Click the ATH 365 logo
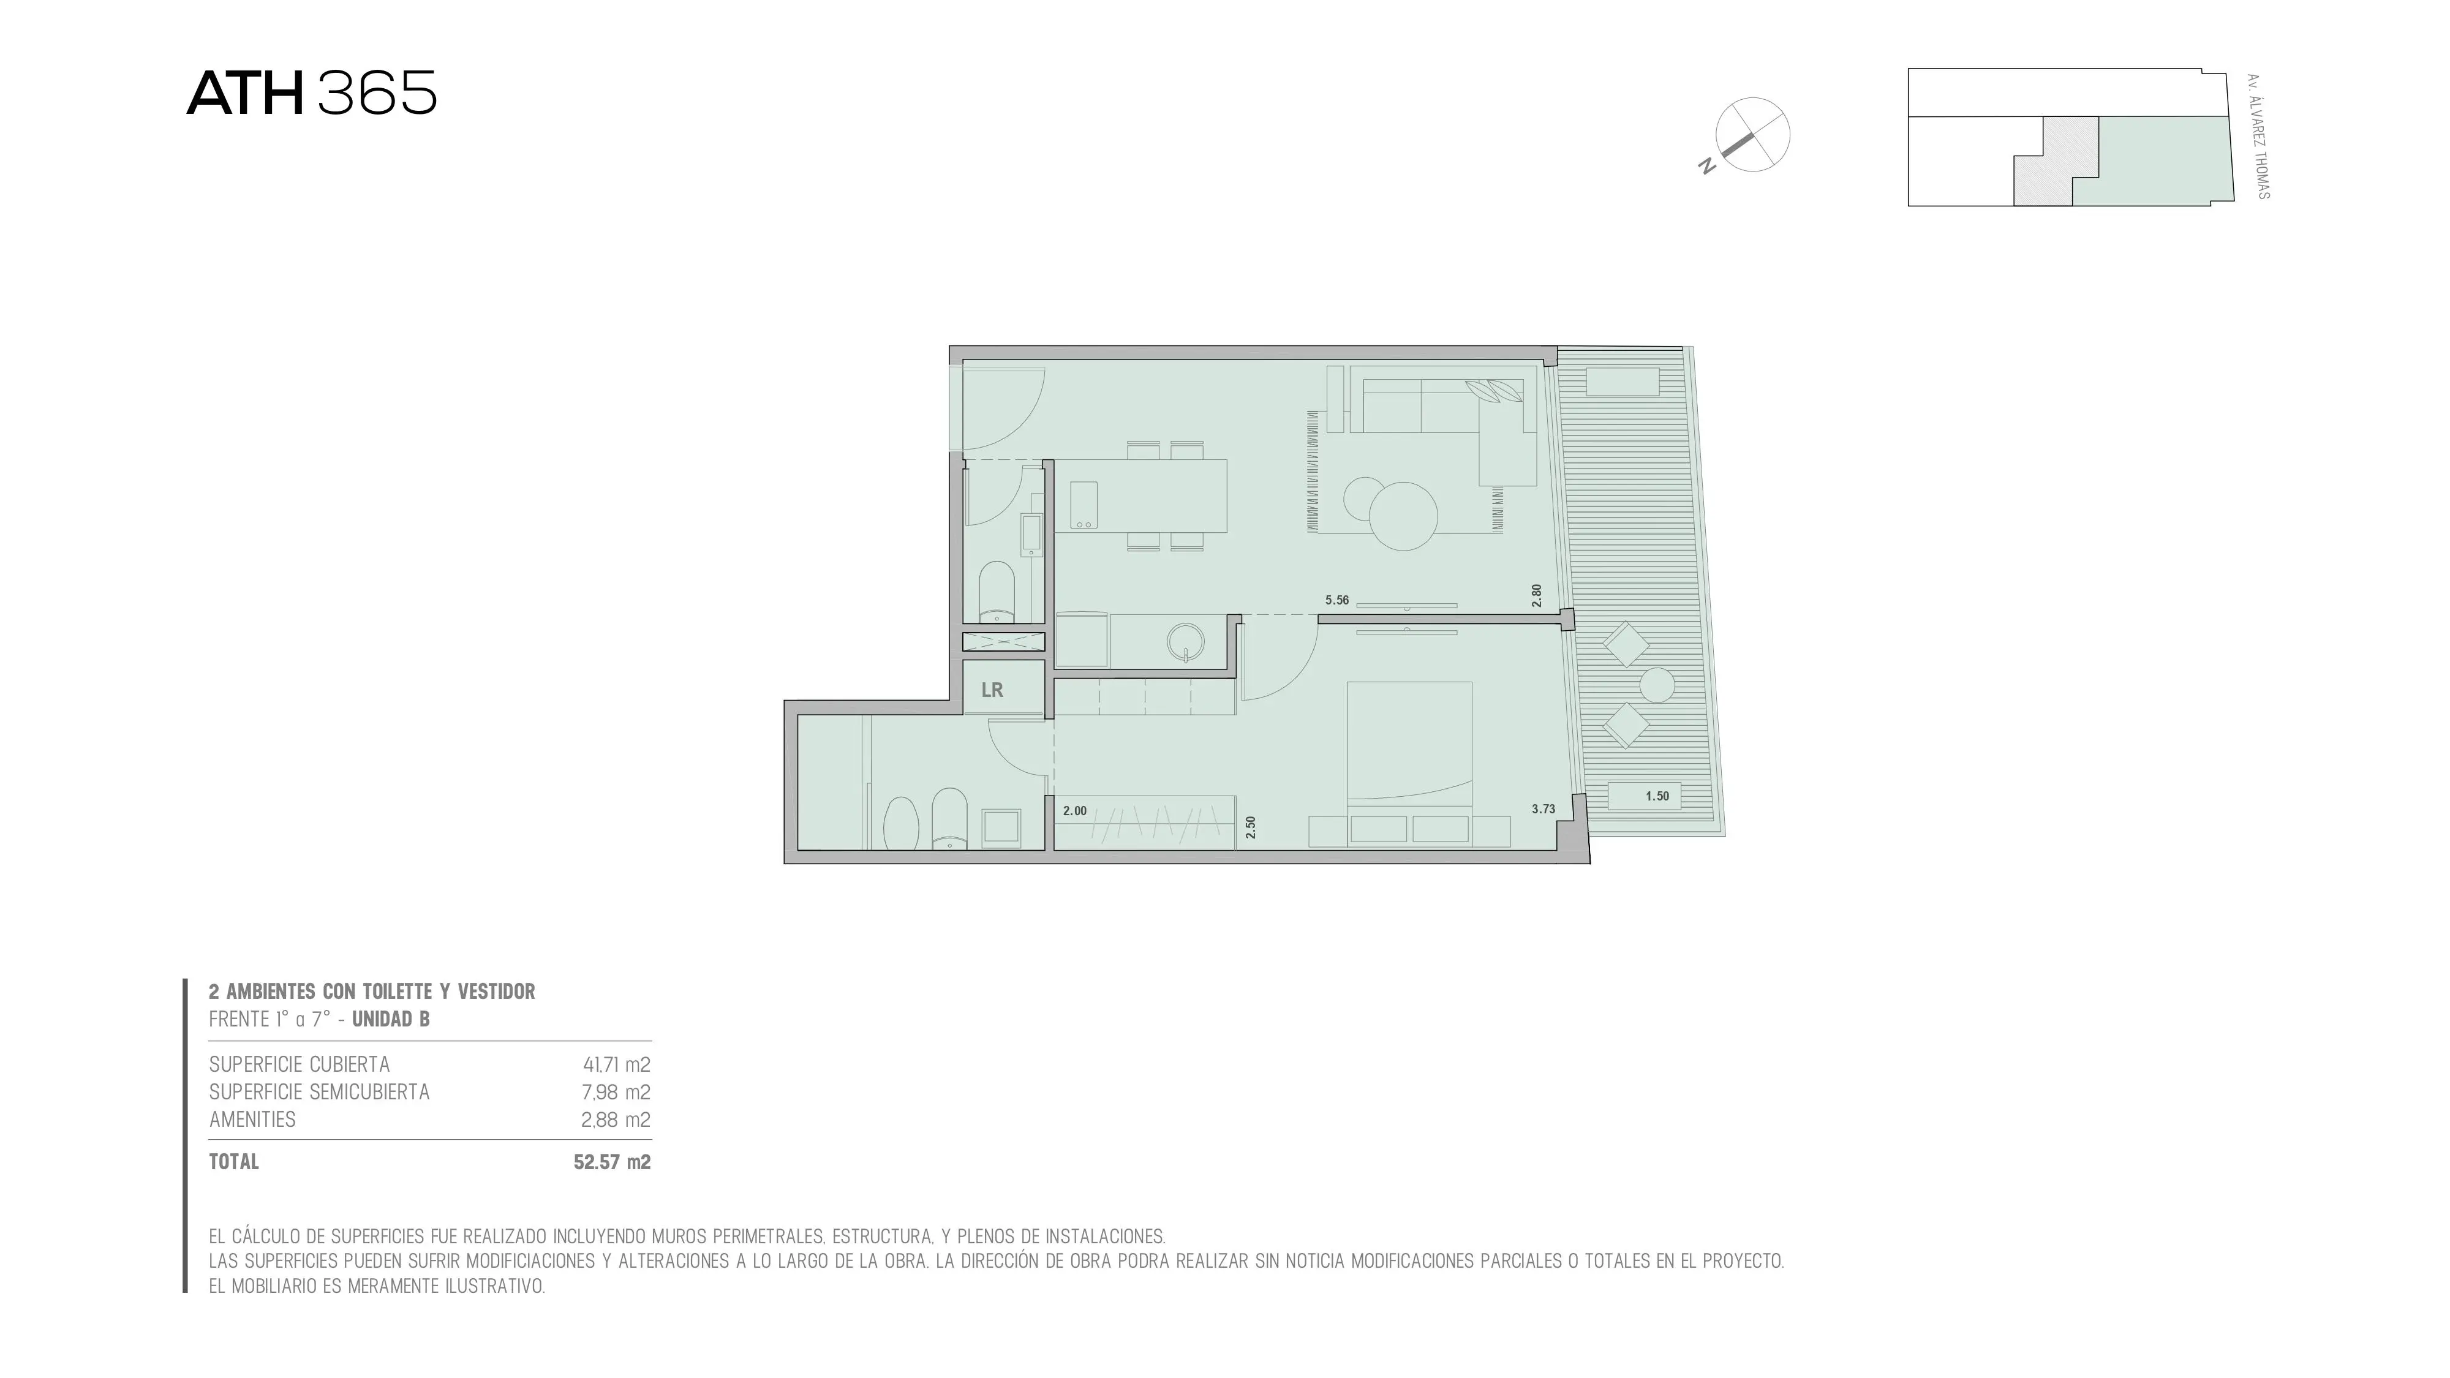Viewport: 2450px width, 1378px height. tap(312, 93)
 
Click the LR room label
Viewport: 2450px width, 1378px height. tap(992, 690)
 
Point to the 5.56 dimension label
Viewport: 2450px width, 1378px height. tap(1337, 600)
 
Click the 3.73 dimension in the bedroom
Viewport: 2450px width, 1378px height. tap(1543, 809)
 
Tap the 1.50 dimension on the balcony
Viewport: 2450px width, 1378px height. tap(1657, 796)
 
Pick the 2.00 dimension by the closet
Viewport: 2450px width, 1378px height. tap(1075, 811)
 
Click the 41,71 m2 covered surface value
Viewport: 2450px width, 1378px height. tap(616, 1064)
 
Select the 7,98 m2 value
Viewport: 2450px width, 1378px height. tap(616, 1092)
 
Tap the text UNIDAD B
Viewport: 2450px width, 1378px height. tap(391, 1020)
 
